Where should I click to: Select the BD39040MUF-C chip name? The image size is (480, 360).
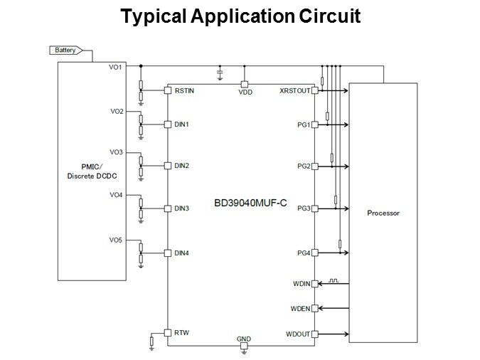[x=250, y=203]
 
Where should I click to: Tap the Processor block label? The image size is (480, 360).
[x=383, y=213]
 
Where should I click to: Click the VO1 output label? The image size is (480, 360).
[x=116, y=67]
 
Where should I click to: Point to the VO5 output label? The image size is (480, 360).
[x=116, y=240]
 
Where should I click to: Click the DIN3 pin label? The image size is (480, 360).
[x=181, y=208]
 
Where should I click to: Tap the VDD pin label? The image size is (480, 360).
[x=245, y=91]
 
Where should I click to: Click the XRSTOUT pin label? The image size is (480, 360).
[x=294, y=90]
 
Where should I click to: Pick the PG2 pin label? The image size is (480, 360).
[x=304, y=166]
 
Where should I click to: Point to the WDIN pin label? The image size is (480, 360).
[x=302, y=284]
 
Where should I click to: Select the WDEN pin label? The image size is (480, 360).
[x=302, y=309]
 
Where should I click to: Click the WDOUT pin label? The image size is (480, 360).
[x=299, y=333]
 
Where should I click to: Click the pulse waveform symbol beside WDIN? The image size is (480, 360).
[x=333, y=280]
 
